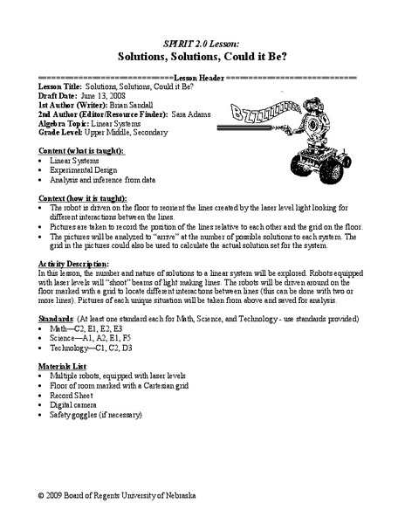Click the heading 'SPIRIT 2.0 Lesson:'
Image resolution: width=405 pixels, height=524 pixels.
point(202,41)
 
